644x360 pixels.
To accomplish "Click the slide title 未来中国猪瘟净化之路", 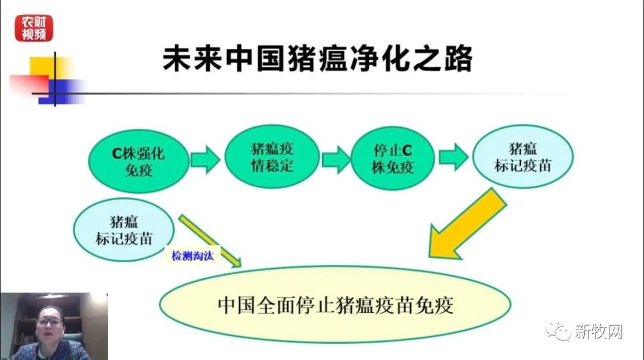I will pyautogui.click(x=317, y=60).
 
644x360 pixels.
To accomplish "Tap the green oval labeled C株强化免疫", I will pyautogui.click(x=138, y=160).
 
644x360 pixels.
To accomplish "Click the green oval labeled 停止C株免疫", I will pyautogui.click(x=392, y=159).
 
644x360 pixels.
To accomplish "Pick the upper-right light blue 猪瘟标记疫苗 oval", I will pyautogui.click(x=522, y=157).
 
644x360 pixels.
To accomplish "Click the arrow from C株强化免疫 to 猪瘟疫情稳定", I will pyautogui.click(x=205, y=160).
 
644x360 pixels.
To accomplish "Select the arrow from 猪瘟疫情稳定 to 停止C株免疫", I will pyautogui.click(x=336, y=159).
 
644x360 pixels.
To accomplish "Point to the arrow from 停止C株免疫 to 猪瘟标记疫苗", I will pyautogui.click(x=454, y=157).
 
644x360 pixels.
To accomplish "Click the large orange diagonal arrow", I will pyautogui.click(x=466, y=226).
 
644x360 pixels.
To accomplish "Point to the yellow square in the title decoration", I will pyautogui.click(x=43, y=67).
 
